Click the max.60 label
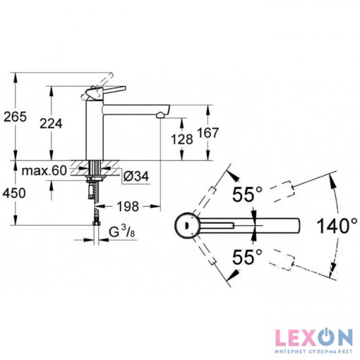[x=44, y=171]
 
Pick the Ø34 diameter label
[x=134, y=175]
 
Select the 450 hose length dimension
[x=14, y=194]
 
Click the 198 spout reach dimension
[x=128, y=207]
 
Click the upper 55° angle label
[x=247, y=194]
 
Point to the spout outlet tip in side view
[x=159, y=115]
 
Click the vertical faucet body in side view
[x=95, y=131]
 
